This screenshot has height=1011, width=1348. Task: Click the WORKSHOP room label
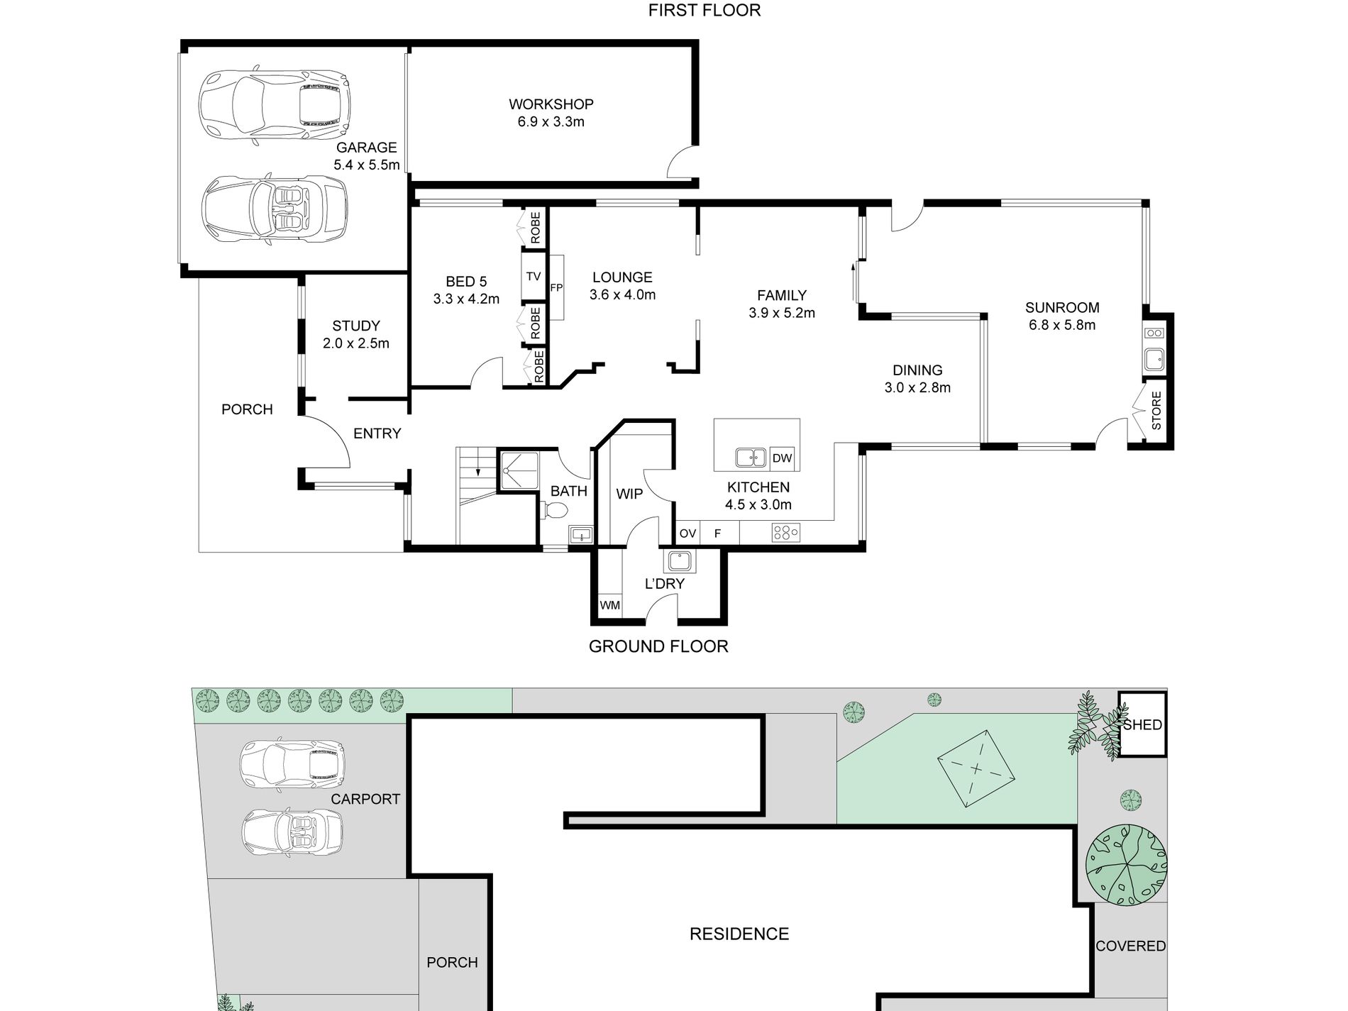click(551, 104)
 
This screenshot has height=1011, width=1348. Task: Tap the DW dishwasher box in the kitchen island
click(782, 458)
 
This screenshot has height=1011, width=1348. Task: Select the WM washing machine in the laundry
click(610, 605)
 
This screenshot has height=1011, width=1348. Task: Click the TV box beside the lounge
click(534, 276)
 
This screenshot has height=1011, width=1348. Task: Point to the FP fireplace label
click(556, 287)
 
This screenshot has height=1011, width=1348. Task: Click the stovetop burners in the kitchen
click(785, 532)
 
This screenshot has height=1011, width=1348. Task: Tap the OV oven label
click(687, 533)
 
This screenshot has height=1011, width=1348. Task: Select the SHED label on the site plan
click(1142, 724)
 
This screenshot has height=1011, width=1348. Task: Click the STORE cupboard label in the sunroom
click(1156, 411)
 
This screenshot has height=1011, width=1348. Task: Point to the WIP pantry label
click(629, 494)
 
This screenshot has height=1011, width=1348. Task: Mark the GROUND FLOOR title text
click(658, 646)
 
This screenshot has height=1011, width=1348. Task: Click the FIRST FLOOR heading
click(705, 10)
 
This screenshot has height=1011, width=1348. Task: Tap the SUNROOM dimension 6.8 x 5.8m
click(1062, 325)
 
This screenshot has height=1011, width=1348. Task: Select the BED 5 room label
click(466, 282)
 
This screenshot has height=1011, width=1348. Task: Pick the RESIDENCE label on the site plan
click(739, 934)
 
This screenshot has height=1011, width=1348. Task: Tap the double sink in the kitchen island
click(750, 458)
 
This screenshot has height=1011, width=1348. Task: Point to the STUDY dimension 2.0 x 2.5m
click(356, 343)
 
